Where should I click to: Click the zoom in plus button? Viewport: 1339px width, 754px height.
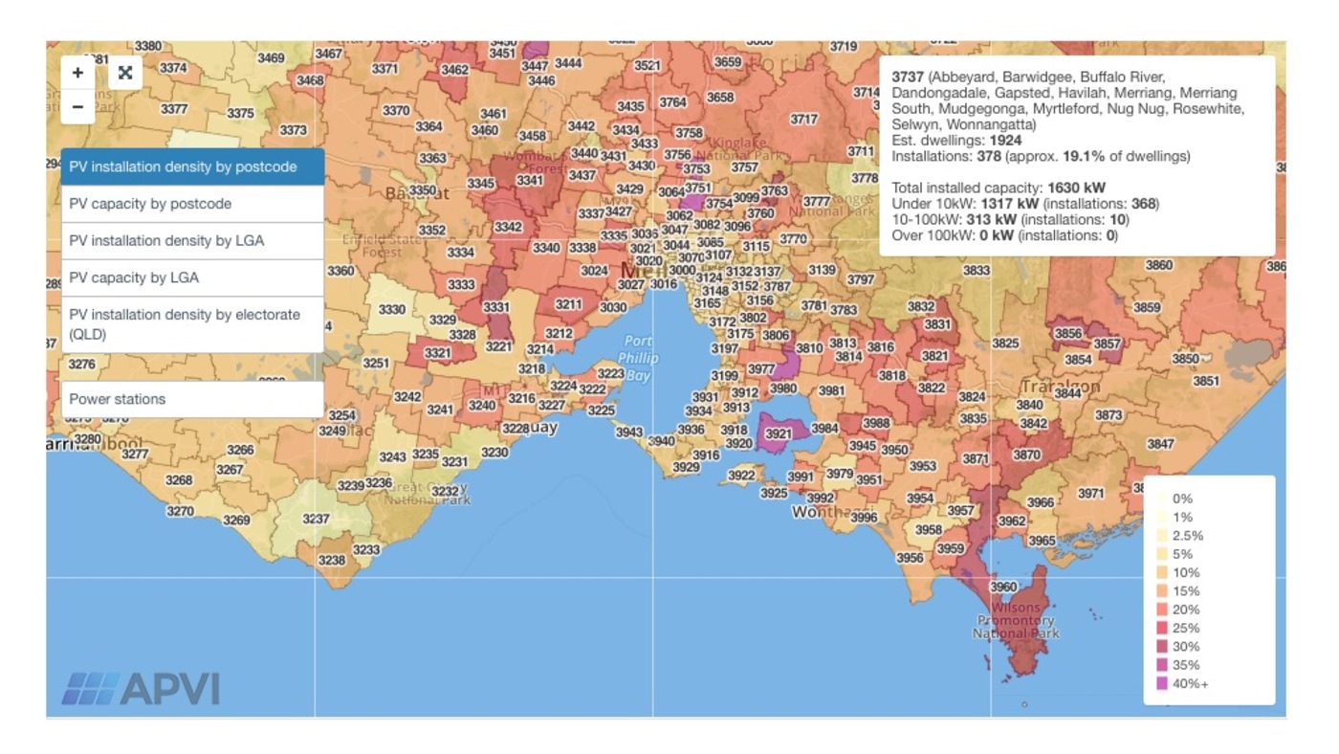click(x=77, y=73)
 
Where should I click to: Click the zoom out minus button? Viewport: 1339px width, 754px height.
click(x=77, y=107)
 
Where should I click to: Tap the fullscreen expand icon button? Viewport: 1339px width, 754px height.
click(x=125, y=73)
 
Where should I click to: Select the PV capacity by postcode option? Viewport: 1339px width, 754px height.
click(x=192, y=204)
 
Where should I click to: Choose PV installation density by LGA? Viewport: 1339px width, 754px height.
click(x=192, y=241)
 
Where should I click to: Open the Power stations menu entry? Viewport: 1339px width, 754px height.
click(x=192, y=399)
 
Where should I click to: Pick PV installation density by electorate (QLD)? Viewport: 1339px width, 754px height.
click(x=192, y=324)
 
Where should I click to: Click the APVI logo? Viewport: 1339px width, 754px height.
click(x=142, y=689)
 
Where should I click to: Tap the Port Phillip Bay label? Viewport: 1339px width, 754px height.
click(x=638, y=358)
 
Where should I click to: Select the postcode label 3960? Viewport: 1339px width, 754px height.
click(x=1003, y=587)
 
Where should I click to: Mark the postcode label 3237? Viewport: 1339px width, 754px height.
click(x=316, y=519)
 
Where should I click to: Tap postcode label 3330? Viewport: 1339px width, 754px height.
click(x=391, y=309)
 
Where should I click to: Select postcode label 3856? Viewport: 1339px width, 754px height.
click(x=1067, y=333)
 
